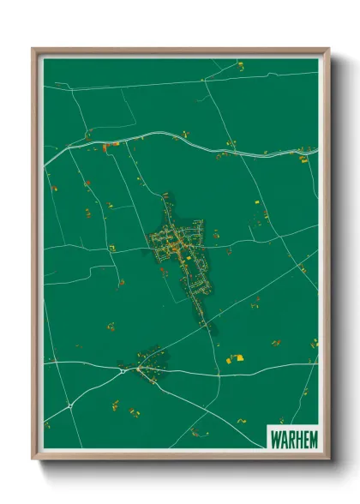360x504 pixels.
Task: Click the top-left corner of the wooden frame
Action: pyautogui.click(x=33, y=49)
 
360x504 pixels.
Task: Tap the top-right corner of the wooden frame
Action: pyautogui.click(x=328, y=49)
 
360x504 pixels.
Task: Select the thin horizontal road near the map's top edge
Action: pyautogui.click(x=171, y=82)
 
